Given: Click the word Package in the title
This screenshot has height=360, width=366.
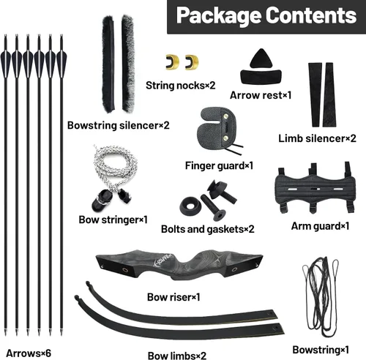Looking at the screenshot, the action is [x=219, y=16].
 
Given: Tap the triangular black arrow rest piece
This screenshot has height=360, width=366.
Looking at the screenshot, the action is [x=261, y=59].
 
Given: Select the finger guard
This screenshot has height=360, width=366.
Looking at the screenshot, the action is [x=218, y=129].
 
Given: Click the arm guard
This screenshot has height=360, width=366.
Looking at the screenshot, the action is [x=315, y=188].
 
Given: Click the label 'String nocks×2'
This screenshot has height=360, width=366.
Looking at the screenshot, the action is [x=181, y=86].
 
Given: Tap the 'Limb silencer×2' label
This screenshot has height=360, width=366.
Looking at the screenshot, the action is [x=317, y=138].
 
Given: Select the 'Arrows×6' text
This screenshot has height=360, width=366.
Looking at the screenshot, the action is [x=29, y=353].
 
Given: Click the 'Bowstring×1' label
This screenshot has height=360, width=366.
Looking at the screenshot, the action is [x=321, y=350].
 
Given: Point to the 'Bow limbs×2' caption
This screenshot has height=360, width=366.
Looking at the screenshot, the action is [x=177, y=356].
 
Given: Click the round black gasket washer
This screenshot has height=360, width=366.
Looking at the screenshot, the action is [x=190, y=206].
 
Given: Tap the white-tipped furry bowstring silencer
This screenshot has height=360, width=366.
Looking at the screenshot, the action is [x=128, y=64].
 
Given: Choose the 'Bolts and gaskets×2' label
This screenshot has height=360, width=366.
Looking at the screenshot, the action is [x=208, y=229].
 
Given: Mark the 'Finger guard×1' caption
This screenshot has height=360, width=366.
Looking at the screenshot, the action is [x=219, y=166].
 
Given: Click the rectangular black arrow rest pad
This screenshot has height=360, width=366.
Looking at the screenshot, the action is [x=261, y=77].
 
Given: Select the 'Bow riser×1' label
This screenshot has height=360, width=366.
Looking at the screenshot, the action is [x=173, y=297].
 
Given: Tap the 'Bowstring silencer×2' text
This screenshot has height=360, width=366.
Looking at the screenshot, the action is [x=119, y=126].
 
